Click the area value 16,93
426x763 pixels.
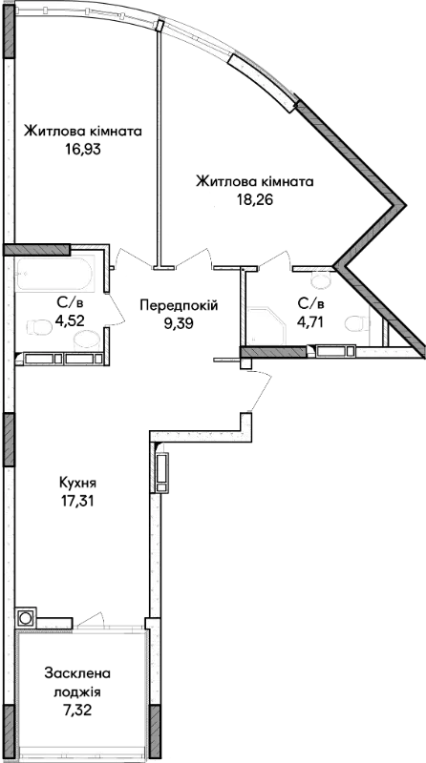coord(83,149)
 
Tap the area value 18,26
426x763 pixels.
coord(253,199)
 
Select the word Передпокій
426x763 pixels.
coord(179,305)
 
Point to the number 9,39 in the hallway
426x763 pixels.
coord(179,323)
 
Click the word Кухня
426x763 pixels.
coord(77,484)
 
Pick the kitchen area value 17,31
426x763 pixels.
coord(76,501)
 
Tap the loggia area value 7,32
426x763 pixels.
coord(77,710)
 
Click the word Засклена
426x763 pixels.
coord(77,674)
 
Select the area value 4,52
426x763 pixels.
coord(69,321)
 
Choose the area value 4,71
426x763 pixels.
coord(310,321)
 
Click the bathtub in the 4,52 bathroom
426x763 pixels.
coord(53,275)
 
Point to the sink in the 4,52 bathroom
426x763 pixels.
coord(89,339)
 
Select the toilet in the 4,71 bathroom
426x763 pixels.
coord(356,322)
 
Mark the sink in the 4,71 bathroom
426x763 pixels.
coord(321,278)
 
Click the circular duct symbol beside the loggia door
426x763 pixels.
coord(25,618)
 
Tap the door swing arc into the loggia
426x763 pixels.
coord(93,618)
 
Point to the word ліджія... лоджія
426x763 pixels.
coord(77,692)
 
